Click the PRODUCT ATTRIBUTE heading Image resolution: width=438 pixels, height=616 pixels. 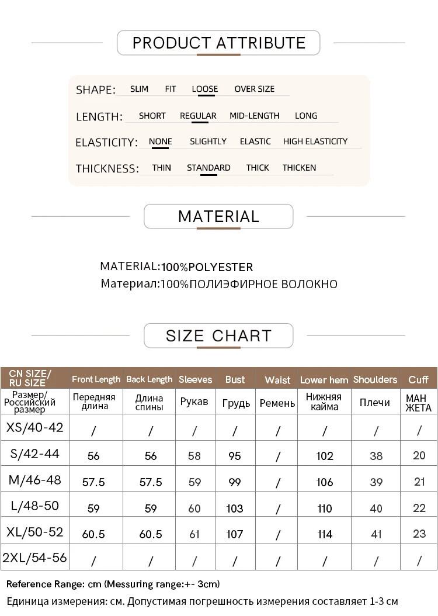(x=218, y=43)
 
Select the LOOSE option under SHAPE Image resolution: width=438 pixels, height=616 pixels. (x=204, y=89)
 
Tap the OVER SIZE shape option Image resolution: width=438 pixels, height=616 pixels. (x=254, y=89)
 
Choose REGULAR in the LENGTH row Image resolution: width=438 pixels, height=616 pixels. (x=198, y=116)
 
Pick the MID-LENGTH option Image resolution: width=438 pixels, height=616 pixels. (x=254, y=116)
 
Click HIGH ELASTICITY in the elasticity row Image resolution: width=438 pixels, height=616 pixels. (x=315, y=141)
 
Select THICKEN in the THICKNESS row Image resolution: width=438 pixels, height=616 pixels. (x=299, y=168)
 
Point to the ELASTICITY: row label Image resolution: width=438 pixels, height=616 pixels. (x=106, y=143)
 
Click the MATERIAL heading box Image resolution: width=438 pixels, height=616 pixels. (x=218, y=216)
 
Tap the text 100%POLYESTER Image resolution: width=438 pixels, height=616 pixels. (x=207, y=268)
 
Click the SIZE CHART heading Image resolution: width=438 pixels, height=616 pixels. (x=218, y=336)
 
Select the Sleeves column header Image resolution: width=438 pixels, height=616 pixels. (x=195, y=380)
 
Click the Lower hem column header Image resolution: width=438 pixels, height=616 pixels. (x=324, y=380)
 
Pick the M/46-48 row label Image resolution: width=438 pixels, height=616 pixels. (x=34, y=480)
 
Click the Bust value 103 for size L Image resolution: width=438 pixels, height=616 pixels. (x=235, y=508)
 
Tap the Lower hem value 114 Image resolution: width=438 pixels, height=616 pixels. (x=325, y=534)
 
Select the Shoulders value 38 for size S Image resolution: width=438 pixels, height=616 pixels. (x=376, y=456)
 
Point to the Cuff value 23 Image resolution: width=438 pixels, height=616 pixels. (x=419, y=534)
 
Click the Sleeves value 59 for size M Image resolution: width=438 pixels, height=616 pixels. (x=194, y=482)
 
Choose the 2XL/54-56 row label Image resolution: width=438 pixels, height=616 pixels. (x=34, y=558)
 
